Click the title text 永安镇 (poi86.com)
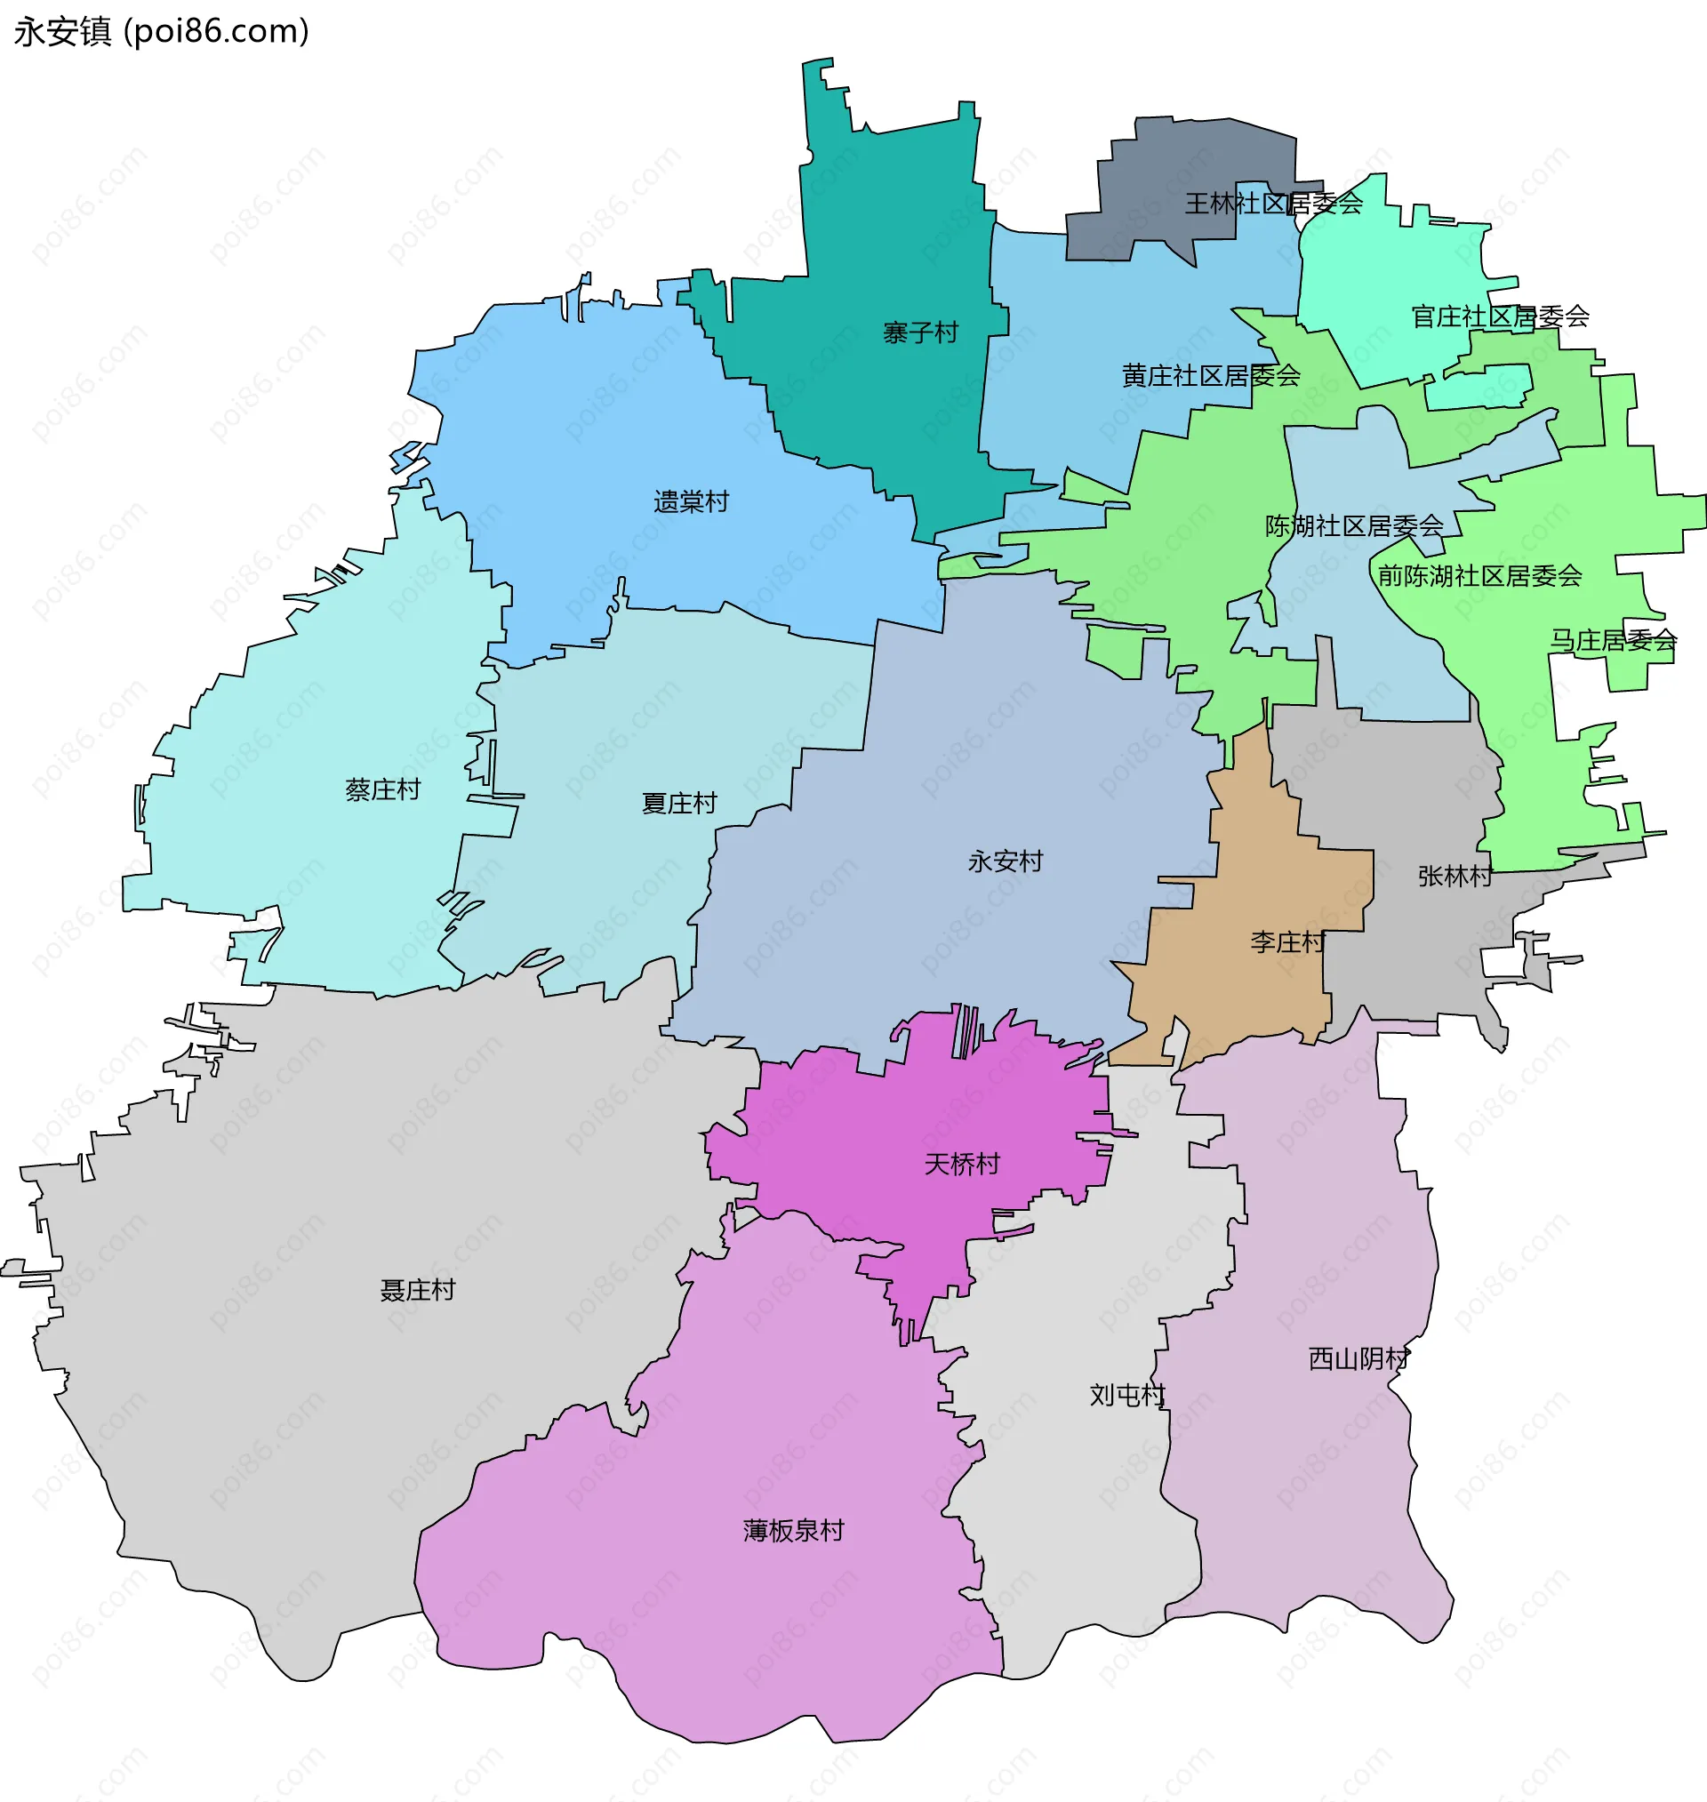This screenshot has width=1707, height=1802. [x=162, y=32]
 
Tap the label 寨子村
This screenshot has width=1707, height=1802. [x=920, y=332]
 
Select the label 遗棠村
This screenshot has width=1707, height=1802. [x=691, y=502]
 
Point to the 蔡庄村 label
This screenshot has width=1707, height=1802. [x=383, y=789]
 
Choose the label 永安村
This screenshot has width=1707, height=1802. [x=1005, y=861]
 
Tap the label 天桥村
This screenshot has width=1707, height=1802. [x=962, y=1165]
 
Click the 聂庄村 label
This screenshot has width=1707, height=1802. [x=417, y=1290]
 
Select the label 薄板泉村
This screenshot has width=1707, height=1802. [x=793, y=1531]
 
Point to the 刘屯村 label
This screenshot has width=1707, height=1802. [x=1127, y=1396]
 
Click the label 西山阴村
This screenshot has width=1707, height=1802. [x=1358, y=1359]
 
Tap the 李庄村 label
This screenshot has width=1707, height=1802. [x=1287, y=942]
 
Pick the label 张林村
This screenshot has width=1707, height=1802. [x=1455, y=876]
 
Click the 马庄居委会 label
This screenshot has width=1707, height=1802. [x=1614, y=641]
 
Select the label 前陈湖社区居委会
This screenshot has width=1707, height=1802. [x=1479, y=576]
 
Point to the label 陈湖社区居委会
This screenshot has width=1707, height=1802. [x=1354, y=525]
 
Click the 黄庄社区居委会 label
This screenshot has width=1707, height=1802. [x=1210, y=376]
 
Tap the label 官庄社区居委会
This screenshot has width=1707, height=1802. [x=1500, y=316]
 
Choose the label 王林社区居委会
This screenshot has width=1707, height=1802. [x=1273, y=204]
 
